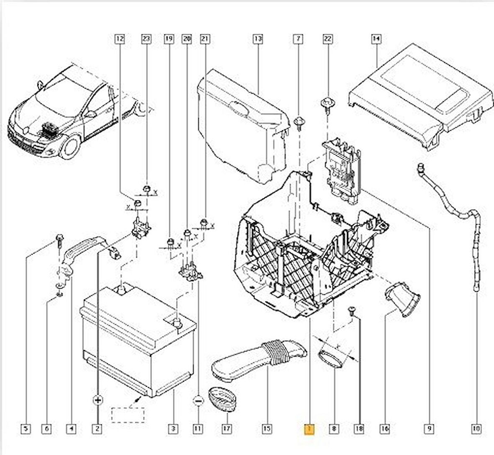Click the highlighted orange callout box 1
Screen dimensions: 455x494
pos(309,429)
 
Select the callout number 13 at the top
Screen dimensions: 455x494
pos(257,39)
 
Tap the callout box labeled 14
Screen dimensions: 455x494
pos(376,39)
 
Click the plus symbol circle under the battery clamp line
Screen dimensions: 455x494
pos(98,400)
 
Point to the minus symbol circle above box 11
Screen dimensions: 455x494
pos(198,401)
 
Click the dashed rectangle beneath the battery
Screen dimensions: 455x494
pos(127,414)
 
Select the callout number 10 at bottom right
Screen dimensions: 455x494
pos(476,429)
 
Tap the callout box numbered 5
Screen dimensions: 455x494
pos(26,429)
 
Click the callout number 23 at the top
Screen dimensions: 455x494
pos(146,39)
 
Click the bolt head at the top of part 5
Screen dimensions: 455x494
pos(59,238)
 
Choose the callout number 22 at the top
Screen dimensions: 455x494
pos(327,39)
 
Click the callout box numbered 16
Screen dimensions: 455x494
pos(385,429)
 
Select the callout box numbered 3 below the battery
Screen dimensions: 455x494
pos(172,429)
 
